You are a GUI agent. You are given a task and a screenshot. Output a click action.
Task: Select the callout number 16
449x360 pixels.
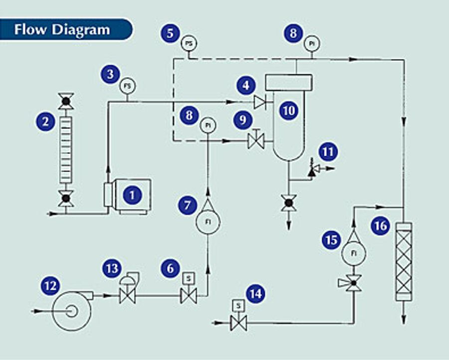(381, 226)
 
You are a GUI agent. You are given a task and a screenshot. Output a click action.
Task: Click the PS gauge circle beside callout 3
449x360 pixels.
(127, 86)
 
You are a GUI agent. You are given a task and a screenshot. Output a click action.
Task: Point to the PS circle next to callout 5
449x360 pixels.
(189, 44)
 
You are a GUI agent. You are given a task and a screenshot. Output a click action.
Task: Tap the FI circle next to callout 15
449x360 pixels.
(354, 253)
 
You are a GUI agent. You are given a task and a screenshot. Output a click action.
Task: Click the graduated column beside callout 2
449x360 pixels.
(66, 150)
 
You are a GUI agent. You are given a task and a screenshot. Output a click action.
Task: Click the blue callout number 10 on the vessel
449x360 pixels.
(289, 111)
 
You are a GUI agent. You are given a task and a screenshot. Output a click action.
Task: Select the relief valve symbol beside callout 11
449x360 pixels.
(314, 170)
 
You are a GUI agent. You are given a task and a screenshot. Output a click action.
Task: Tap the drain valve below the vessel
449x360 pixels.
(289, 203)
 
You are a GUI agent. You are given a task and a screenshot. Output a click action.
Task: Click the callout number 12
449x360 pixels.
(51, 286)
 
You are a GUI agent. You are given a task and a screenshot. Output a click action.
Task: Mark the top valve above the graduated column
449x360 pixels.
(66, 101)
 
